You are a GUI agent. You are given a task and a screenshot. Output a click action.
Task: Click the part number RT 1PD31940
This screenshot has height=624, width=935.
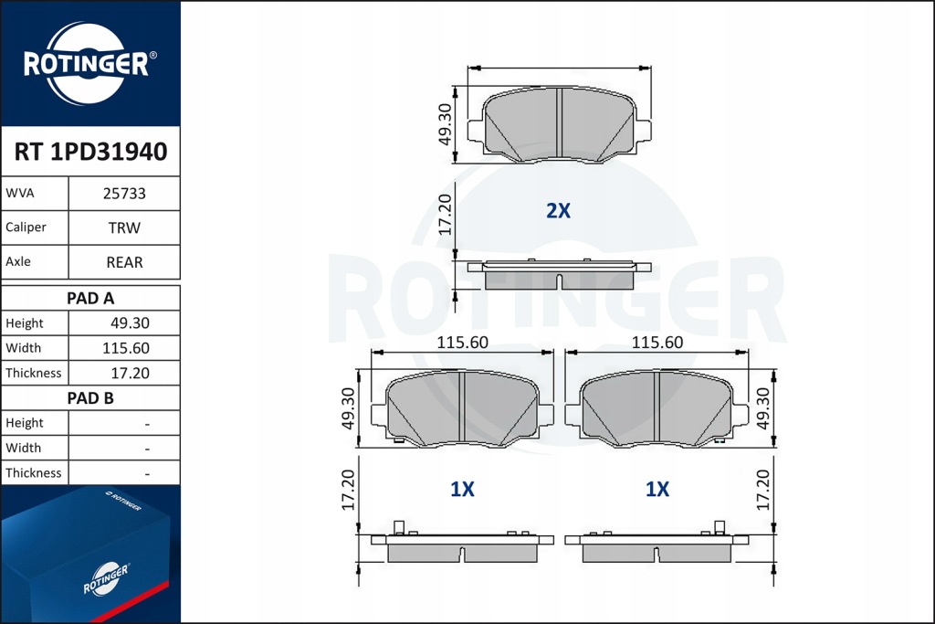click(x=90, y=152)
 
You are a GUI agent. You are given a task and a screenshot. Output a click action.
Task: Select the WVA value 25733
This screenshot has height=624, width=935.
click(x=124, y=194)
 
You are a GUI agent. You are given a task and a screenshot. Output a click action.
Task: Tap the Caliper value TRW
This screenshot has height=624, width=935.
click(x=124, y=227)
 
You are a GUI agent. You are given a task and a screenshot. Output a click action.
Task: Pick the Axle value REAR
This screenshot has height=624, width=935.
click(x=124, y=262)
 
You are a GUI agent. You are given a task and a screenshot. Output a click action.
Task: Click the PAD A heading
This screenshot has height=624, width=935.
click(x=90, y=298)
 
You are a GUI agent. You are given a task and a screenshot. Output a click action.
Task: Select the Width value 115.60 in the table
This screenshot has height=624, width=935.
click(x=128, y=348)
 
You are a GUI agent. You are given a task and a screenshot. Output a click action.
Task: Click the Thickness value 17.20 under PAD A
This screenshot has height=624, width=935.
click(x=128, y=373)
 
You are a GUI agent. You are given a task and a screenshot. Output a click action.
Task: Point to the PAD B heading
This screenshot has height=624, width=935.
click(x=90, y=398)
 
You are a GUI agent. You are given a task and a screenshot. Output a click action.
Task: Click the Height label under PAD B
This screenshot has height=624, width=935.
click(x=25, y=423)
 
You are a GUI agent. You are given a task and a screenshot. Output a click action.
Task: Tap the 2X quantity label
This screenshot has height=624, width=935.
click(x=558, y=211)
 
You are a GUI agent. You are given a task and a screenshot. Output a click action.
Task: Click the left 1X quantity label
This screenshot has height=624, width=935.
click(x=462, y=490)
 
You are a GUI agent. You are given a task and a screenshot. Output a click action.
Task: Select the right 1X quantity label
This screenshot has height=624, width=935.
click(x=657, y=490)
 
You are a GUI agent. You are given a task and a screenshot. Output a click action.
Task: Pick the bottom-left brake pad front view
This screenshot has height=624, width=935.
click(x=463, y=409)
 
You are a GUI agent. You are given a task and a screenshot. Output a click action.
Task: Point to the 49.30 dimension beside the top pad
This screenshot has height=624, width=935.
click(x=445, y=124)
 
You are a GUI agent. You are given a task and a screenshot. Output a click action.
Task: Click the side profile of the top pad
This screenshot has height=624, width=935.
click(x=558, y=274)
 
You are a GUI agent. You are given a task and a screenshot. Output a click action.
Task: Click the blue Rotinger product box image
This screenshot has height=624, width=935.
click(x=89, y=555)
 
